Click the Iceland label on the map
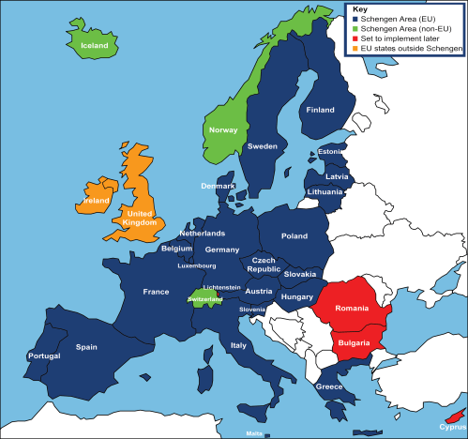click(x=94, y=45)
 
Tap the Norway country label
click(x=223, y=129)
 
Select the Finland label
click(x=320, y=110)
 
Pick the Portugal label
click(x=45, y=356)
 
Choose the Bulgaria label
click(x=355, y=343)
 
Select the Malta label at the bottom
click(x=254, y=433)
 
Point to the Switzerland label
click(x=205, y=299)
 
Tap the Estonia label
click(x=330, y=152)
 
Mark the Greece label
click(x=328, y=386)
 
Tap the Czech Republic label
click(x=264, y=264)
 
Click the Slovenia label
click(x=251, y=309)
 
